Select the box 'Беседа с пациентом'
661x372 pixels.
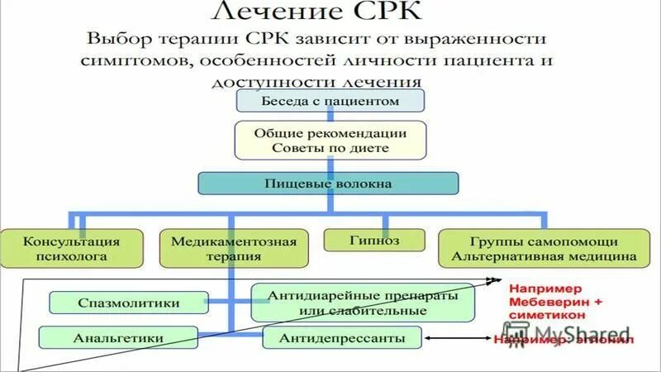(330, 101)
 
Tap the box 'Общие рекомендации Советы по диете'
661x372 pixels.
(330, 140)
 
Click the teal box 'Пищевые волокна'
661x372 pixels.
(327, 183)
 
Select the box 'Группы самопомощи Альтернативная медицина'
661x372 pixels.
(539, 248)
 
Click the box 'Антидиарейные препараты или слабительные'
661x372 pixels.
(363, 303)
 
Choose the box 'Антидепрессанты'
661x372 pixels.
(341, 337)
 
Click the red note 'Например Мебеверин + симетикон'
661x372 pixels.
(545, 302)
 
